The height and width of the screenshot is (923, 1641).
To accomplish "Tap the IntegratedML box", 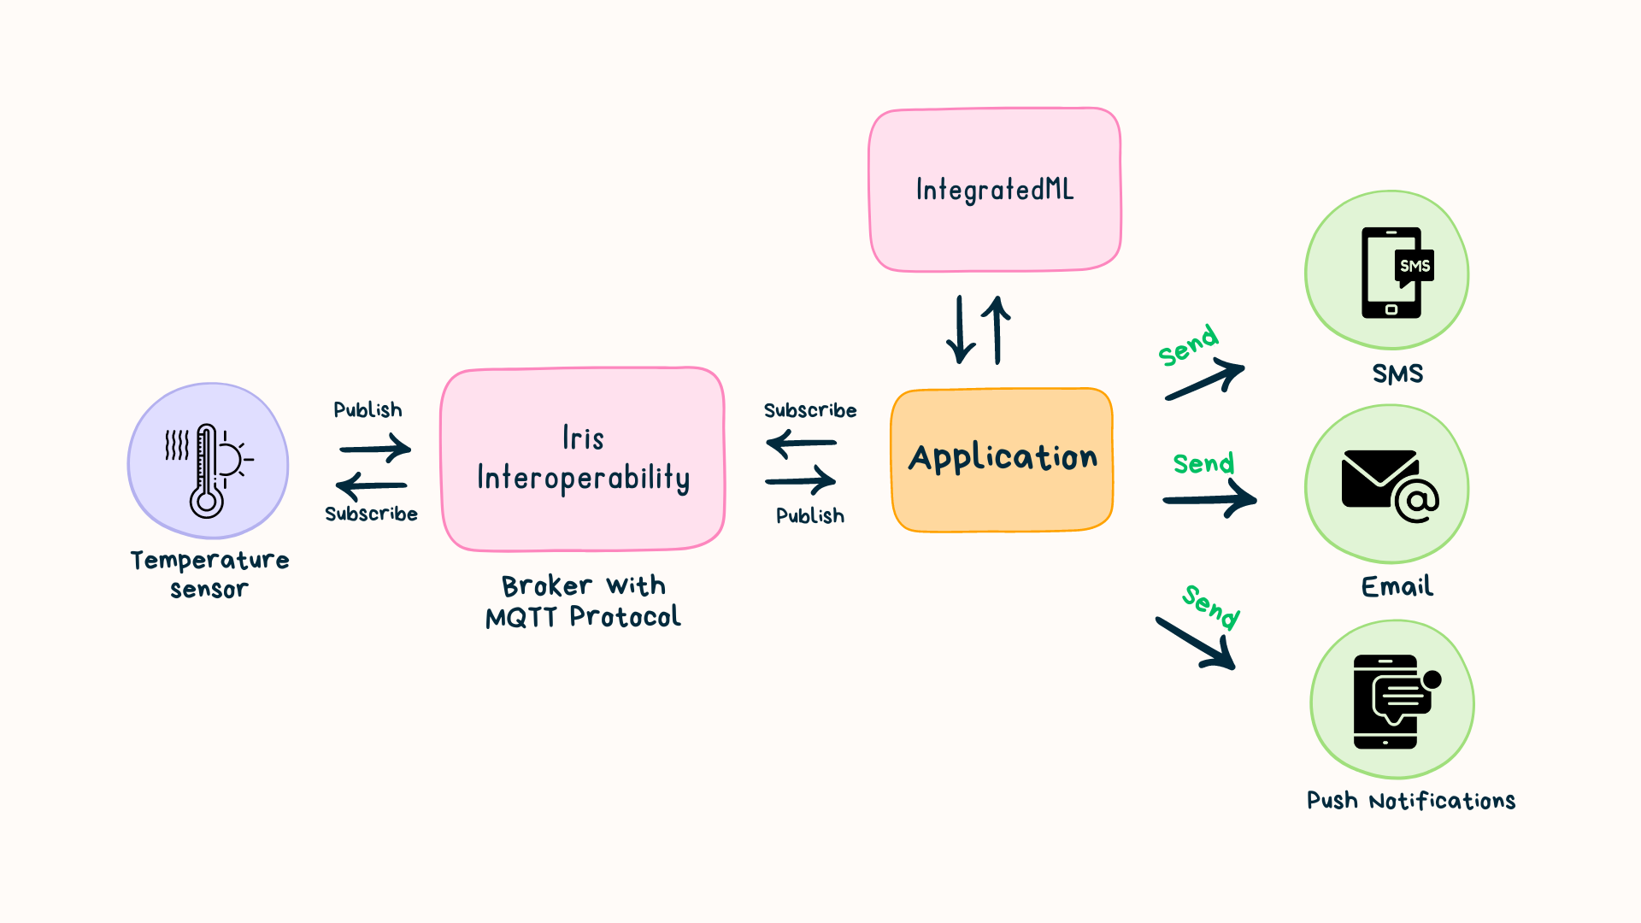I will (995, 190).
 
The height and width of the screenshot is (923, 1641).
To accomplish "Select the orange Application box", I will (1002, 460).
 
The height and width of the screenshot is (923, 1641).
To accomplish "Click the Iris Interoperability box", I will (583, 460).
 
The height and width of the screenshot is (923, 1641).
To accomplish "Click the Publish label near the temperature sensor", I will (368, 410).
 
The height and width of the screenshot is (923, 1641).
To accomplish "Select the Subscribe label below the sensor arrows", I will (371, 514).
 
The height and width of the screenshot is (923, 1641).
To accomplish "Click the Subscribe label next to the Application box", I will (810, 411).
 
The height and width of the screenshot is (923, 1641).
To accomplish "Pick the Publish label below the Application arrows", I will (810, 516).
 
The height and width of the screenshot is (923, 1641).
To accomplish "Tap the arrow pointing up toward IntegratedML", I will (997, 330).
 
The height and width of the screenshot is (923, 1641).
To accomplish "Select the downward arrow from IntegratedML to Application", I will (961, 330).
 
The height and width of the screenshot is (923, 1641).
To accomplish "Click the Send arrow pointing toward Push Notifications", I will (1197, 643).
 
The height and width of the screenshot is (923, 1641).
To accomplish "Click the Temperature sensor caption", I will (209, 574).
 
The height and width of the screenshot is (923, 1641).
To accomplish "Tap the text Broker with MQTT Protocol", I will (583, 602).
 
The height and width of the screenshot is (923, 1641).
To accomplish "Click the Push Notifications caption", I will (1411, 801).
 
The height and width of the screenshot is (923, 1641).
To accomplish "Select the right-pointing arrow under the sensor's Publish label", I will (375, 448).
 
